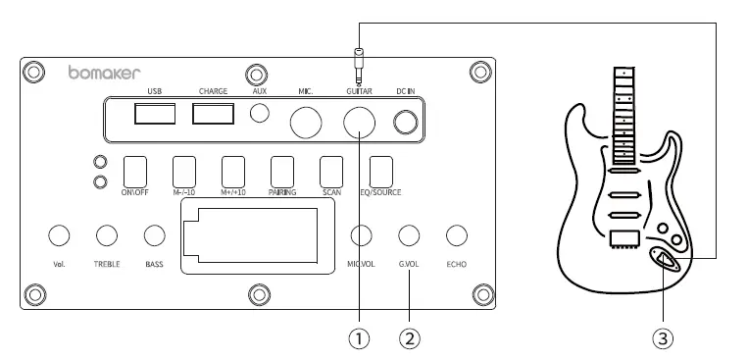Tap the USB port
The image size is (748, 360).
coord(155,114)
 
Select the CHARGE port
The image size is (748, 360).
coord(213,114)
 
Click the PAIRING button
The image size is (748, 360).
coord(282,171)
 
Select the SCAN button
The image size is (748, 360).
coord(331,171)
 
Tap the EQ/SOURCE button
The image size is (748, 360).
coord(381,171)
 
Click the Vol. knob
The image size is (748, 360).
coord(58,234)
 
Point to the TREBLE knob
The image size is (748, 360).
coord(107,234)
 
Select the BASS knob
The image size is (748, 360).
coord(154,234)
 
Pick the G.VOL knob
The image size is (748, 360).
coord(409,234)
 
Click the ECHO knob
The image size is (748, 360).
coord(456,234)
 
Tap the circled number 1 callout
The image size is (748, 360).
coord(361,338)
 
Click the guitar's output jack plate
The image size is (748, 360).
coord(666,259)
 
